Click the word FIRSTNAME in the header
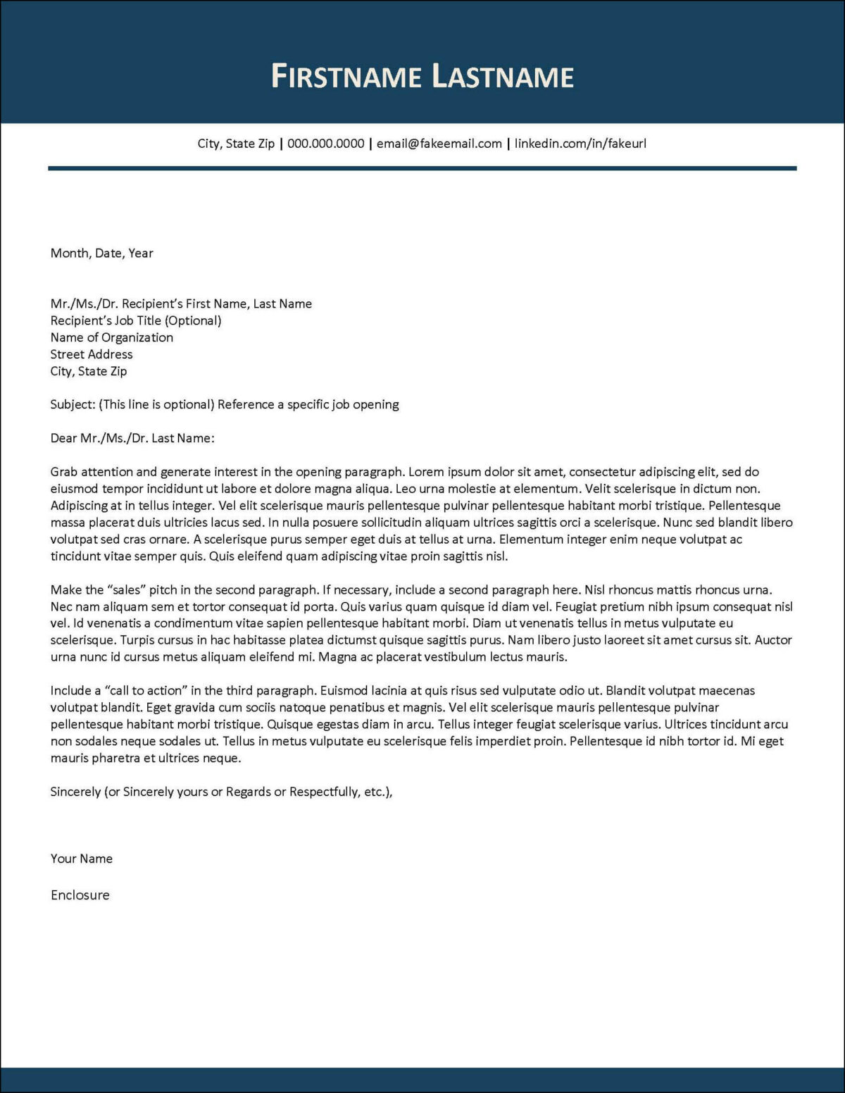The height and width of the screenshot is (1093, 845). [346, 76]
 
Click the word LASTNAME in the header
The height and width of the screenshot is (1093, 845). [503, 76]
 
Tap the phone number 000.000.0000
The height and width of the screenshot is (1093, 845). [325, 144]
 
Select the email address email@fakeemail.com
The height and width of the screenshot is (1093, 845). [439, 144]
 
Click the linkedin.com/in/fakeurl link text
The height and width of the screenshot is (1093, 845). [580, 144]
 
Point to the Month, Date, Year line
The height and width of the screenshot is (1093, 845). [101, 253]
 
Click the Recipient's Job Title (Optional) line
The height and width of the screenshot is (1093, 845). [135, 320]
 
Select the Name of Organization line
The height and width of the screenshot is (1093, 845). [111, 337]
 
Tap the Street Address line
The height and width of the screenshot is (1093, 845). [91, 354]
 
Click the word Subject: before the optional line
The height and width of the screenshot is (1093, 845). [73, 404]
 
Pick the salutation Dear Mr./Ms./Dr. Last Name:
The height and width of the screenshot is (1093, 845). [132, 438]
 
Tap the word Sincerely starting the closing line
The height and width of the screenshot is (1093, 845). [75, 792]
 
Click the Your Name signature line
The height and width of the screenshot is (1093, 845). [81, 858]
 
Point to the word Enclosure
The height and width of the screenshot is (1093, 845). [80, 895]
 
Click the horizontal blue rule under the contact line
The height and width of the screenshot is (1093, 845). [423, 168]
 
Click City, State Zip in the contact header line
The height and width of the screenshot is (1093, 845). [236, 144]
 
